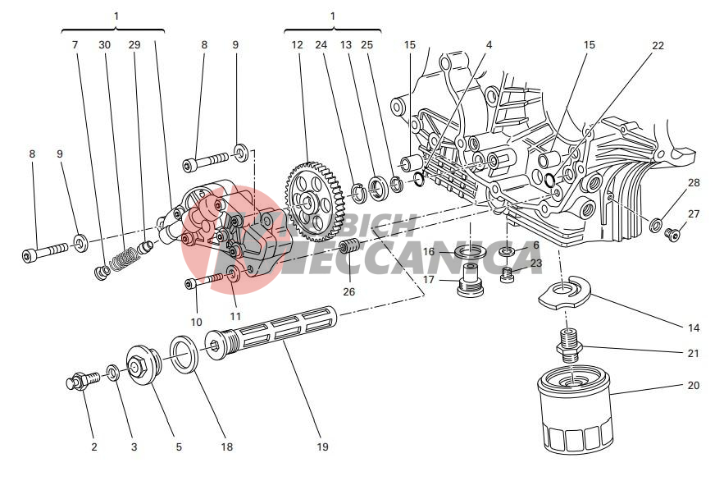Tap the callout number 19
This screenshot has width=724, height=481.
click(322, 447)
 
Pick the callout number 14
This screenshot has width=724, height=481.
click(694, 328)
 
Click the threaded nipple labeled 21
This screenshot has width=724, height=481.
click(569, 345)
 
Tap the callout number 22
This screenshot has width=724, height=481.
click(658, 46)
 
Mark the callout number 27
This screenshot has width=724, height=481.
click(694, 213)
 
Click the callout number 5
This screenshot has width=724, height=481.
click(179, 447)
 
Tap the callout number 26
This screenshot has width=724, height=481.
click(349, 291)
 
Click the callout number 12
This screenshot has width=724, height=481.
click(297, 46)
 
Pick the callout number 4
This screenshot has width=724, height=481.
click(489, 46)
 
